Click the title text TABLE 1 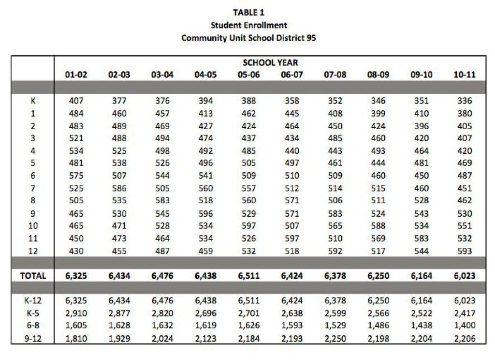pos(248,13)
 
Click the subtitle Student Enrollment pos(248,25)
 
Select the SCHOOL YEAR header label pos(270,62)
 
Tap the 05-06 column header pos(248,75)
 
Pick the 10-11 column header pos(465,75)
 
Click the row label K pos(32,101)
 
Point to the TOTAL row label pos(33,276)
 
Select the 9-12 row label pos(32,338)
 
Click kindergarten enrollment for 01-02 pos(76,101)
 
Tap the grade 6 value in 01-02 pos(76,176)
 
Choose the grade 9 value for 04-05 pos(205,213)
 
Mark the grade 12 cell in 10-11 pos(465,251)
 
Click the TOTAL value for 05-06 pos(248,276)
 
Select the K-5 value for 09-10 pos(421,313)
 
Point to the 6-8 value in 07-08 pos(335,326)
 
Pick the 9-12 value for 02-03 pos(119,338)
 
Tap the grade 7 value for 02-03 pos(119,188)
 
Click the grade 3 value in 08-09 pos(378,138)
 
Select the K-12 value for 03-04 pos(162,300)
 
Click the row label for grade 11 pos(32,239)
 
